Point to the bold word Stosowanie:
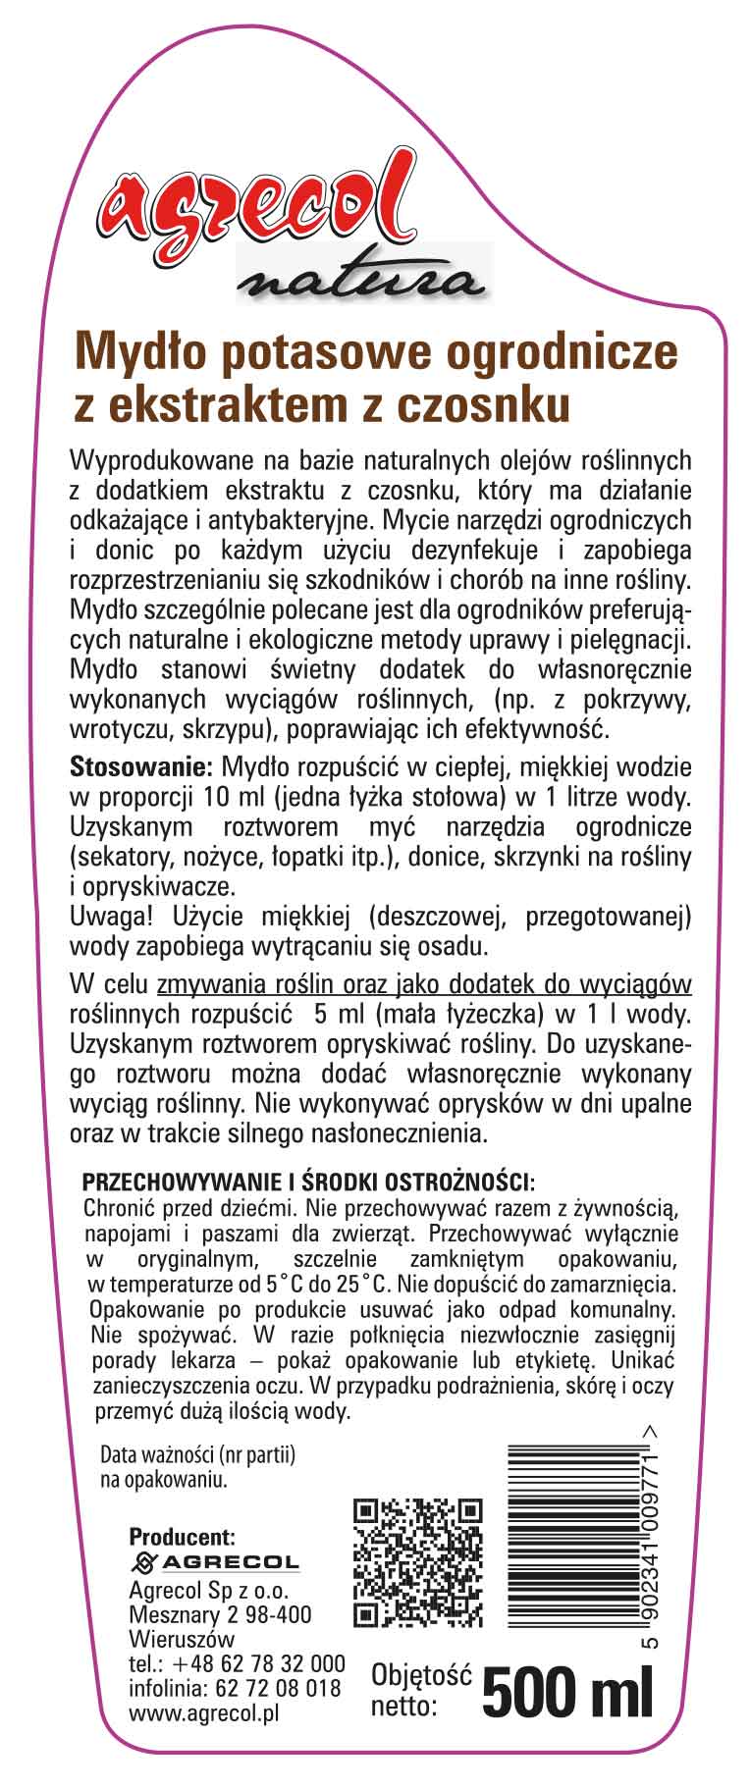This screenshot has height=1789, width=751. tap(141, 765)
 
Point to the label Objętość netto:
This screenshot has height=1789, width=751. tap(419, 1690)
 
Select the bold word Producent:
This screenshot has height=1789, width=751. tap(183, 1537)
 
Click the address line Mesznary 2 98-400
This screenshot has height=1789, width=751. tap(220, 1614)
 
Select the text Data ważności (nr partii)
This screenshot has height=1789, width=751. tap(199, 1456)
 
